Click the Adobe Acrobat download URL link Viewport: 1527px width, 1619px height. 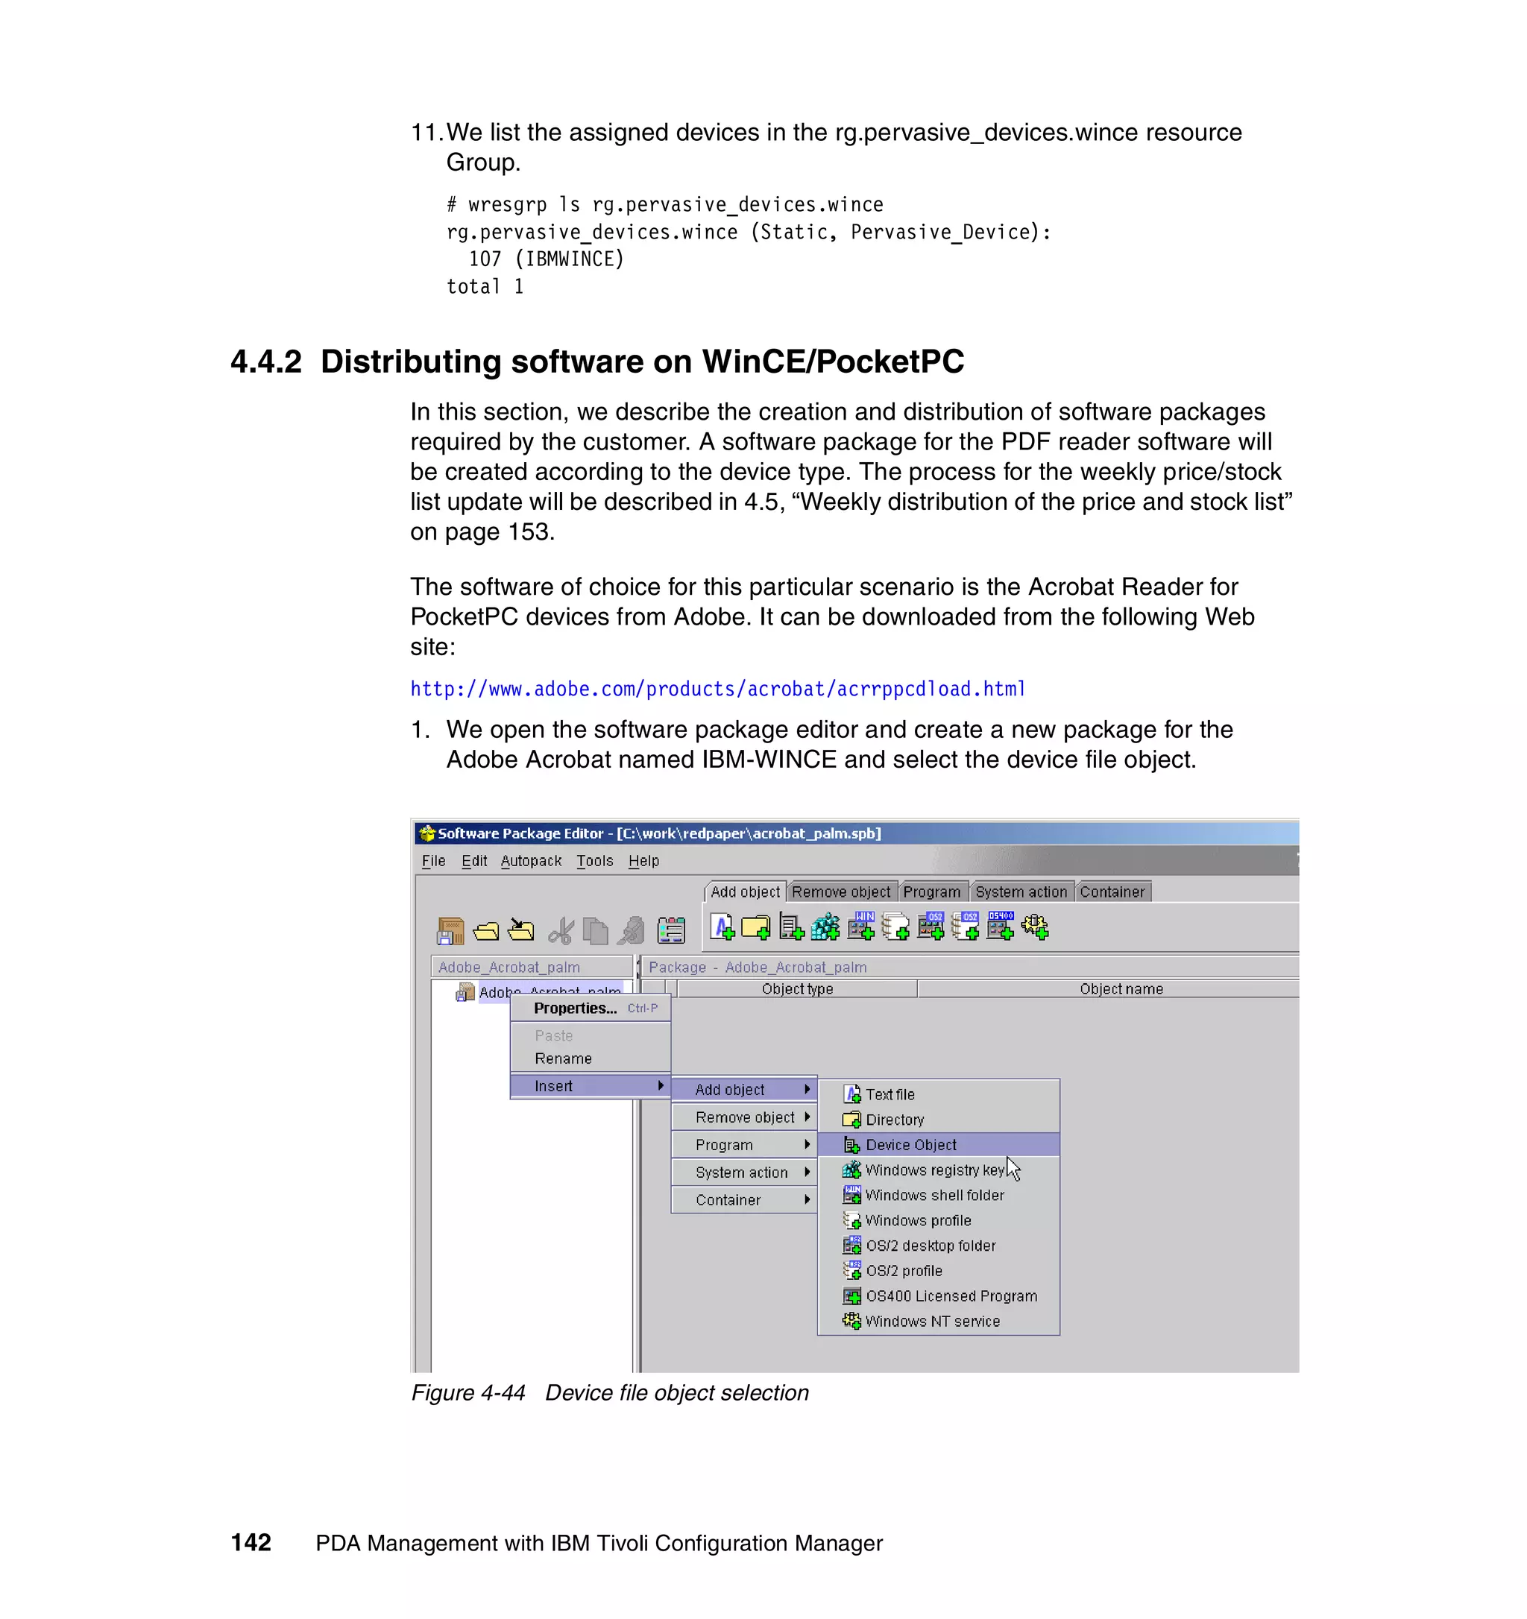(x=717, y=689)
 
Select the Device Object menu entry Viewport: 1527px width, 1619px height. (x=910, y=1145)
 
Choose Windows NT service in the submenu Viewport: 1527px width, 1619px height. (x=932, y=1322)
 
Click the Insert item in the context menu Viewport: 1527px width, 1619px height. (x=554, y=1086)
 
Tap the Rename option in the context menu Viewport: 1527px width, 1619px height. (x=563, y=1058)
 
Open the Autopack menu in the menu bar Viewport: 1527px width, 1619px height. (x=531, y=861)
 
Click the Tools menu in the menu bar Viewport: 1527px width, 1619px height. (x=594, y=861)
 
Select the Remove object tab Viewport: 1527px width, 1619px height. (x=841, y=891)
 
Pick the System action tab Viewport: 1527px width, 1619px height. (x=1021, y=891)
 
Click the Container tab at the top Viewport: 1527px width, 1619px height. (x=1112, y=891)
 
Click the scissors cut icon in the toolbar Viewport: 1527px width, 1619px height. (x=560, y=930)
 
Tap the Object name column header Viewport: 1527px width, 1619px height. (x=1121, y=988)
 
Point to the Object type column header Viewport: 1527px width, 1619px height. (x=796, y=988)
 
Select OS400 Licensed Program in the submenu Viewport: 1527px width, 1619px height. (x=951, y=1296)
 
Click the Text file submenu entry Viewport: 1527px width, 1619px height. (x=890, y=1094)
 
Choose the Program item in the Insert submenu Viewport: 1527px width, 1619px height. (x=724, y=1145)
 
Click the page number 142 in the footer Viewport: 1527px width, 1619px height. (x=251, y=1542)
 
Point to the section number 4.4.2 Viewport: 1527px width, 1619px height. (x=266, y=362)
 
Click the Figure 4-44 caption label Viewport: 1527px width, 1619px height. (x=468, y=1393)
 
